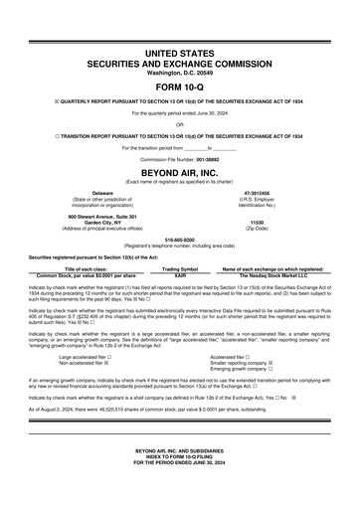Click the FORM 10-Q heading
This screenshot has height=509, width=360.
tap(180, 84)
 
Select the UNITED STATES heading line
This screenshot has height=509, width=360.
tap(180, 50)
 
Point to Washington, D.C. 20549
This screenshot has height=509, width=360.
tap(180, 72)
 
